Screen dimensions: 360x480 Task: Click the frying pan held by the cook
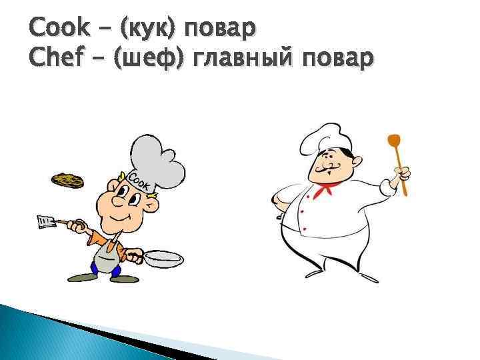point(162,258)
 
